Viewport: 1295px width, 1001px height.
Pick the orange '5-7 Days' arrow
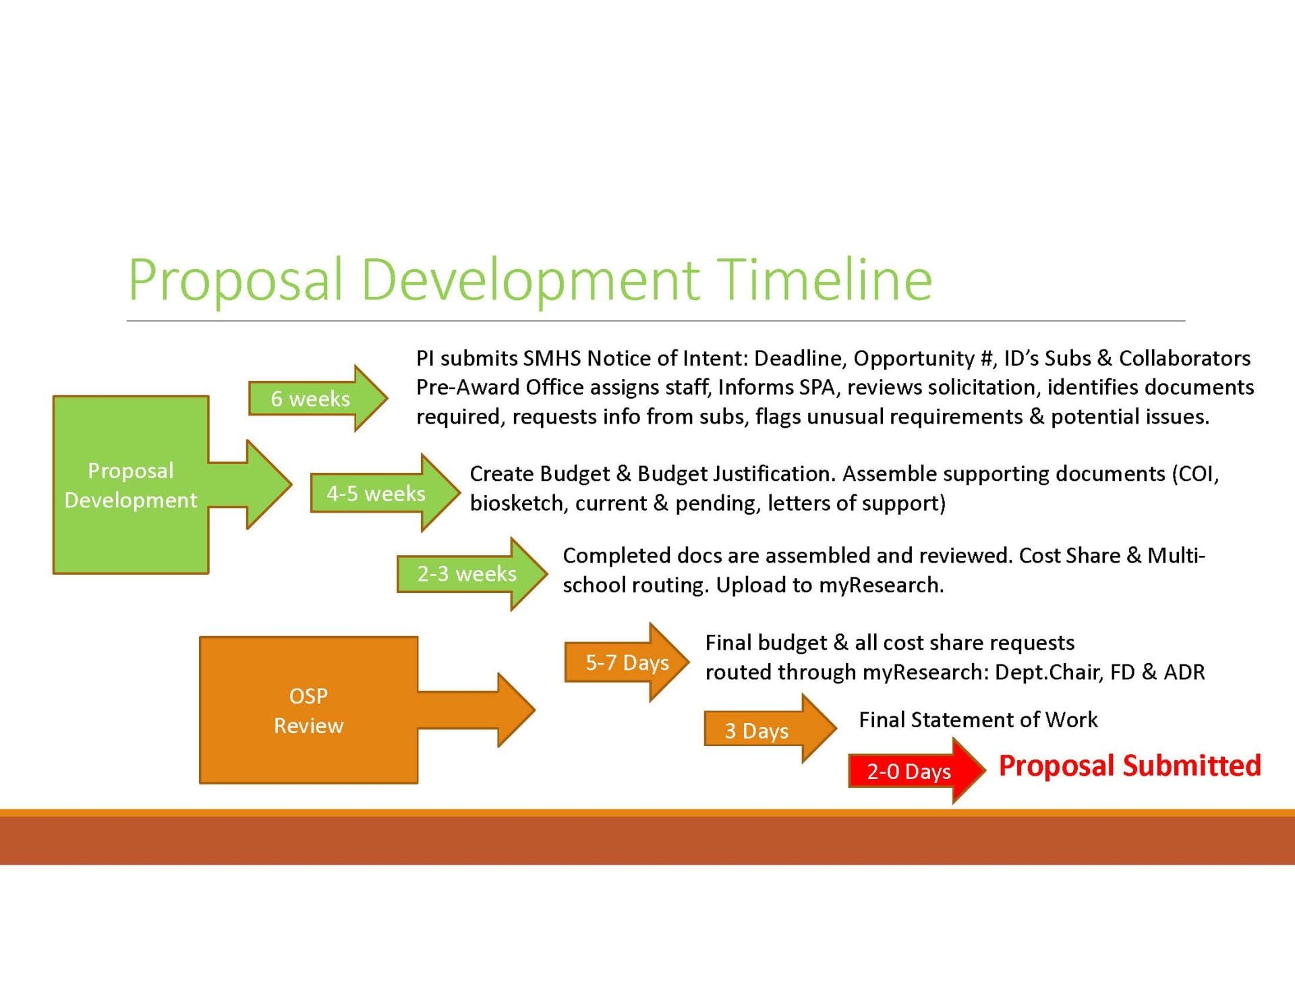[x=626, y=662]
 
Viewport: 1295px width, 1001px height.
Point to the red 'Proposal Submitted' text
[x=1129, y=766]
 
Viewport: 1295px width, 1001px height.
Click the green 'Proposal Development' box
[x=131, y=485]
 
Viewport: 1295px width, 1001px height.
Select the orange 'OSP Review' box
[x=308, y=710]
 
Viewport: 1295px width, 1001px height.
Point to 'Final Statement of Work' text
[x=978, y=720]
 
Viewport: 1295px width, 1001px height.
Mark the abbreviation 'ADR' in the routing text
[x=1184, y=672]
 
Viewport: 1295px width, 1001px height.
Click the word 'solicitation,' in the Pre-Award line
[x=975, y=387]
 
